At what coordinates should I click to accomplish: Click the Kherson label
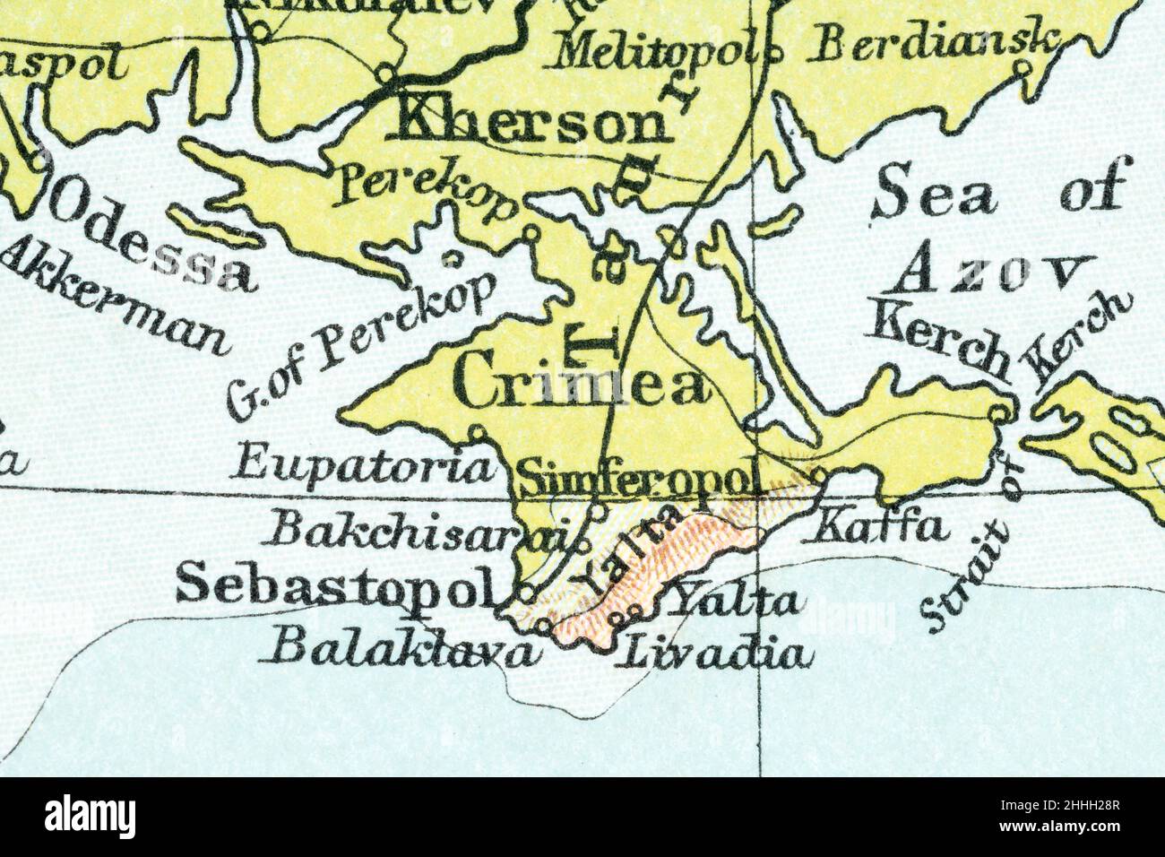coord(530,126)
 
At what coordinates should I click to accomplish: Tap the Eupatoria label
coord(367,466)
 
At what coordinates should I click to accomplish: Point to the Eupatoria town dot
coord(479,432)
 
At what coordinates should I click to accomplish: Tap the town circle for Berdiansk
coord(1023,69)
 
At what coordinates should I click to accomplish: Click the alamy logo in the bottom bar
coord(91,818)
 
